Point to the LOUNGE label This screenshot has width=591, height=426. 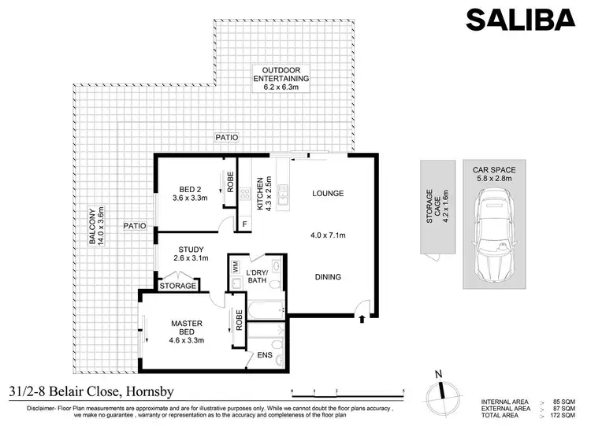pos(328,193)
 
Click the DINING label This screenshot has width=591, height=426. pos(327,276)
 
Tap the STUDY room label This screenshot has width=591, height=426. pos(191,254)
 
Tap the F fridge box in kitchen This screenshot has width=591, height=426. pos(244,224)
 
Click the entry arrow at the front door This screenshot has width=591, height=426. pos(362,319)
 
